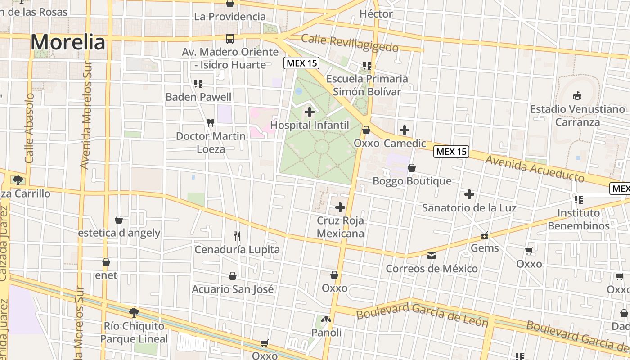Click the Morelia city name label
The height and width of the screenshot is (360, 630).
[68, 42]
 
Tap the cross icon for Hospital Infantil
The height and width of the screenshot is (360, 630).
[310, 112]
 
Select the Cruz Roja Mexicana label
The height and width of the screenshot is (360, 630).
[340, 227]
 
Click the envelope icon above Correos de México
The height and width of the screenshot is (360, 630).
[432, 256]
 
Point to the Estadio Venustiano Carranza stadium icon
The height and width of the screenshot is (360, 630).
[577, 95]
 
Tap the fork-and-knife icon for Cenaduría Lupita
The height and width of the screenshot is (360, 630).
[237, 236]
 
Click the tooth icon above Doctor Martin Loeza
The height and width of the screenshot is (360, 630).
[210, 122]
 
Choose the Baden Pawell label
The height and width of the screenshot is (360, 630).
[198, 97]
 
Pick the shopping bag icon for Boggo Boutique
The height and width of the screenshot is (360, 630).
[411, 168]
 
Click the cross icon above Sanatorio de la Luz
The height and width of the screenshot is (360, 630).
[469, 194]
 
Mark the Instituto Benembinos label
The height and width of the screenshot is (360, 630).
[579, 219]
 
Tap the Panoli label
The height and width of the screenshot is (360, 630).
[327, 333]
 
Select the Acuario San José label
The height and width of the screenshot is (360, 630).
[233, 289]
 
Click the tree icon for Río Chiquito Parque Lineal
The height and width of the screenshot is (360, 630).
[134, 312]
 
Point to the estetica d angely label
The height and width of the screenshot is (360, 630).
[119, 233]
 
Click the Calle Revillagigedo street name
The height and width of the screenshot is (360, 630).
[350, 43]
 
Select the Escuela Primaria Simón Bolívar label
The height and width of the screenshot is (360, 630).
[367, 85]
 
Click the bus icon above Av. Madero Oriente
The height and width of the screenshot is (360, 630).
[230, 39]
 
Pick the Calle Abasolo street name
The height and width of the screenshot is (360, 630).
[30, 128]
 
